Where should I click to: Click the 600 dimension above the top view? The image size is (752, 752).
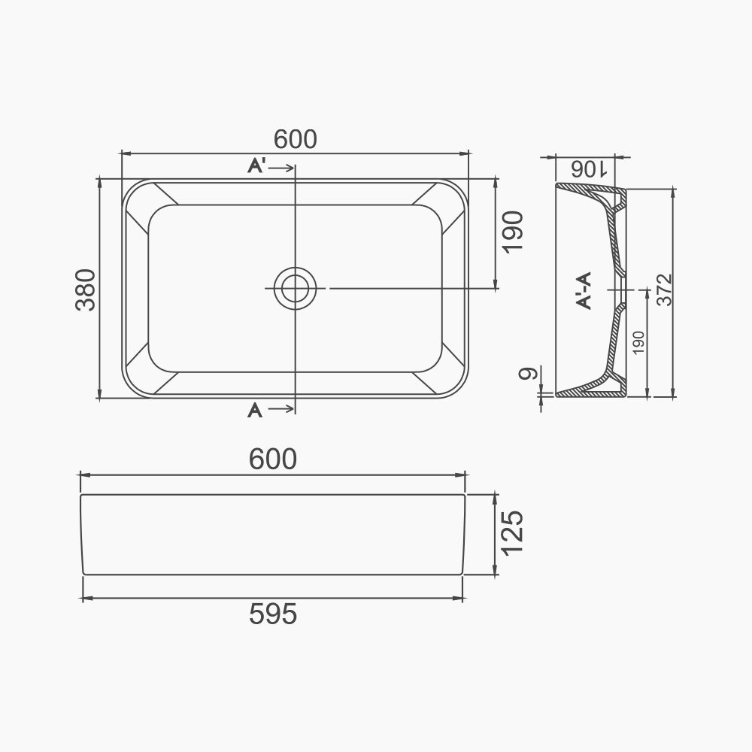pos(295,139)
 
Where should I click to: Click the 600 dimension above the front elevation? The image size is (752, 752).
pos(273,459)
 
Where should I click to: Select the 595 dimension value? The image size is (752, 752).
pos(273,614)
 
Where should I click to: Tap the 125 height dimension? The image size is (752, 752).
pos(511,533)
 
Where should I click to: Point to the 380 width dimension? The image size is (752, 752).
pos(86,290)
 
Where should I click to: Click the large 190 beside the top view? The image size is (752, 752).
pos(511,232)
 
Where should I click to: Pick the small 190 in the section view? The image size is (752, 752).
pos(638,343)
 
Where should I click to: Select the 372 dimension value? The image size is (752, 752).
pos(664,290)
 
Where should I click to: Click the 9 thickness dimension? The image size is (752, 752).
pos(529,374)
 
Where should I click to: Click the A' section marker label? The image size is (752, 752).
pos(256,167)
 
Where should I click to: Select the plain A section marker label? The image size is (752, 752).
pos(255,410)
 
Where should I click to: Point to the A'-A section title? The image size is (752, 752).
pos(584,290)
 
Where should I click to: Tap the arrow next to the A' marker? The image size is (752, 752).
pos(282,168)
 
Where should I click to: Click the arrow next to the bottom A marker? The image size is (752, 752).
pos(282,409)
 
